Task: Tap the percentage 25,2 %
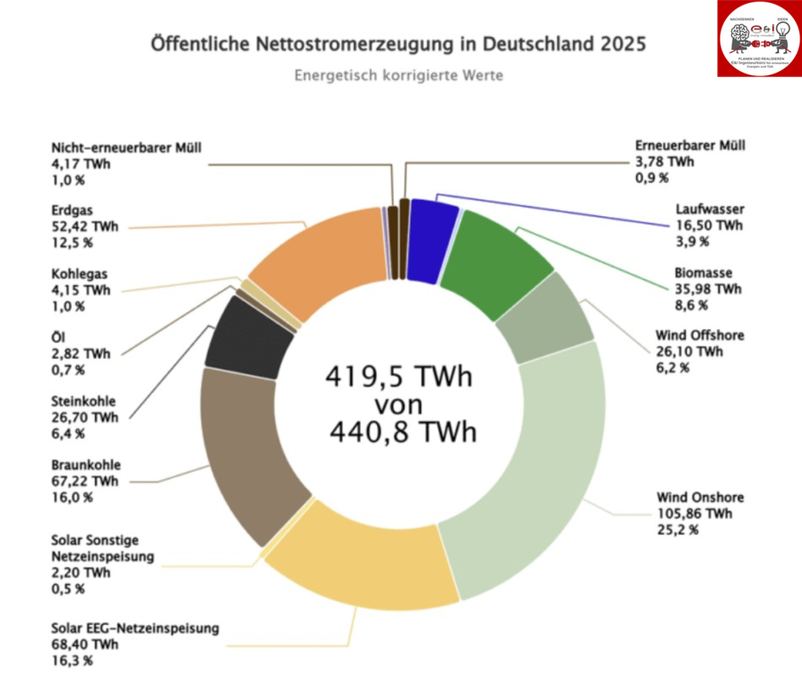point(678,530)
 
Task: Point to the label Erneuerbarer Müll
point(690,146)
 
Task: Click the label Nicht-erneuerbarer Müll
point(127,147)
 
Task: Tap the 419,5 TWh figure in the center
point(399,377)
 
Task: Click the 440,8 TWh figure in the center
point(402,431)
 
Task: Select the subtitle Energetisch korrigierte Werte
point(398,76)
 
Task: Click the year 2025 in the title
point(619,43)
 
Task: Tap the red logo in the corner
point(759,39)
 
